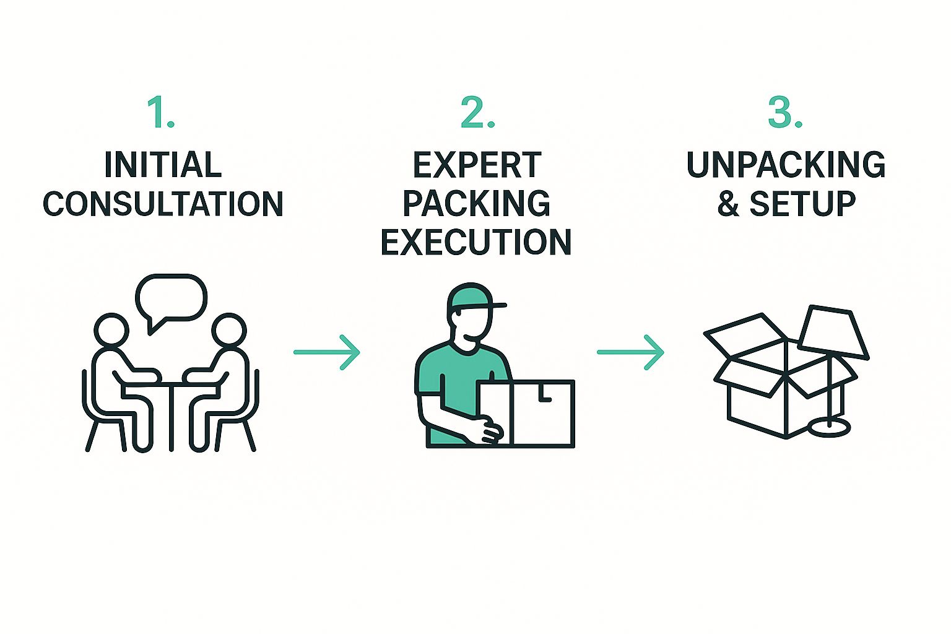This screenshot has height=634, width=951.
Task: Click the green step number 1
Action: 160,113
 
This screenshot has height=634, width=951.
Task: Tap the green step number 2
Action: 477,113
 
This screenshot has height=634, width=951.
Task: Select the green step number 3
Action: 784,113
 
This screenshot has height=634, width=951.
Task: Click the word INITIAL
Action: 163,165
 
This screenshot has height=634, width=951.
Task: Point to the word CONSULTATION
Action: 163,204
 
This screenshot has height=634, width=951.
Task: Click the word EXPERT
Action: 477,165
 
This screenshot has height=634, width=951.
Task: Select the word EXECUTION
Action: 476,242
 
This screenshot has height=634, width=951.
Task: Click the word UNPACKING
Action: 786,165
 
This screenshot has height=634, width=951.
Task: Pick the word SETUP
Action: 802,204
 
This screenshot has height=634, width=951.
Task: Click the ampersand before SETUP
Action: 728,204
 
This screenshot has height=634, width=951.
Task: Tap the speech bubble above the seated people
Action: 172,298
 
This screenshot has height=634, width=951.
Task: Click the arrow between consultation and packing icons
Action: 326,352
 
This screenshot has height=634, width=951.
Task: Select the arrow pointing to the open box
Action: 630,352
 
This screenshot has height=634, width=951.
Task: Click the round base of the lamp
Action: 830,427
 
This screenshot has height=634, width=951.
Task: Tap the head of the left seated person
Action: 112,331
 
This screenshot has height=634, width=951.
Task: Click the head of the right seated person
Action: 229,331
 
